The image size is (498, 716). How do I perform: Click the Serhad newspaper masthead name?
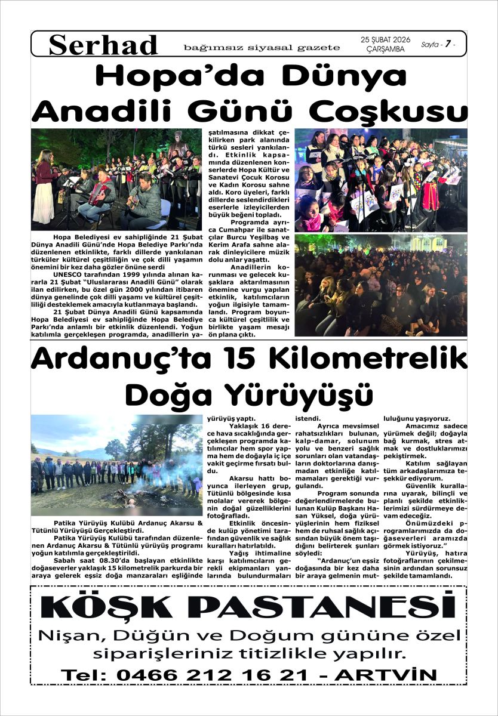pyautogui.click(x=103, y=45)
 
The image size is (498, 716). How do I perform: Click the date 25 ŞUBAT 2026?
pyautogui.click(x=386, y=40)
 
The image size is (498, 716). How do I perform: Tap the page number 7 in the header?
pyautogui.click(x=447, y=44)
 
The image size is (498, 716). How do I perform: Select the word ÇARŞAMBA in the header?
pyautogui.click(x=385, y=50)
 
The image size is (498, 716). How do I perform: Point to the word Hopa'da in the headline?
pyautogui.click(x=157, y=78)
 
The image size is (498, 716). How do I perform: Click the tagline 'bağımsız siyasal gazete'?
pyautogui.click(x=262, y=47)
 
